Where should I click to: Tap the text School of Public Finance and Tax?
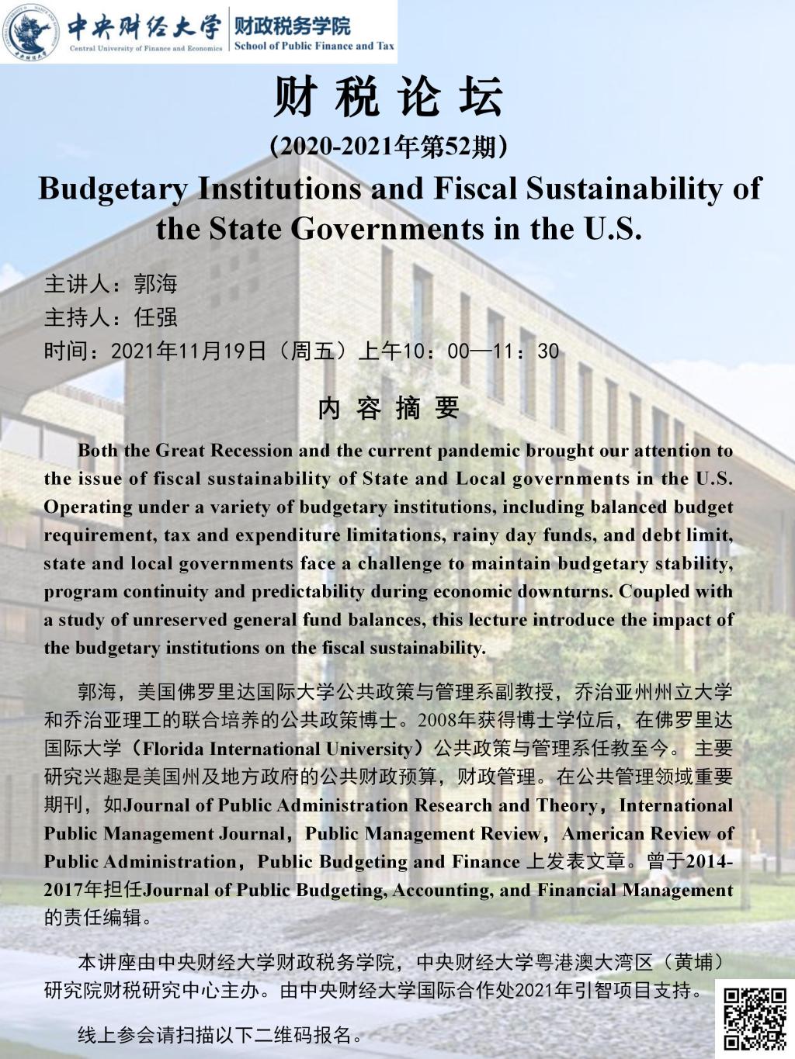pos(314,46)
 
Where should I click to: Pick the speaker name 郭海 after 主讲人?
pos(155,284)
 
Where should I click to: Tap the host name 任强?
pos(155,317)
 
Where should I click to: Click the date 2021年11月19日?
pos(189,351)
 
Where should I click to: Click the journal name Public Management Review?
pos(422,834)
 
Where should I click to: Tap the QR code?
pos(755,1017)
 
